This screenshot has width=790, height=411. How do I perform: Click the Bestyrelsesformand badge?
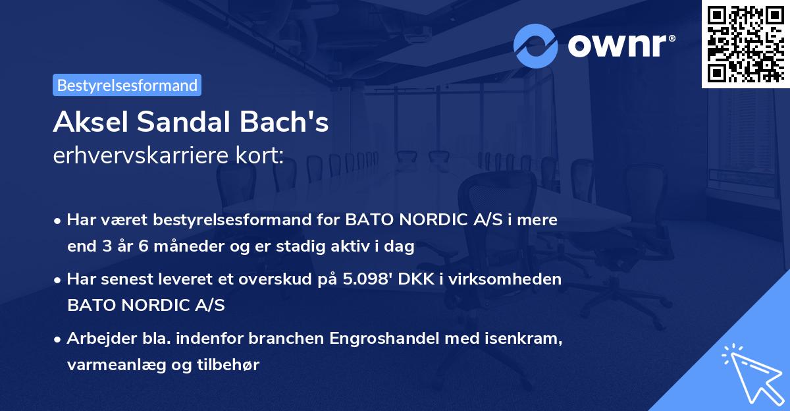[127, 85]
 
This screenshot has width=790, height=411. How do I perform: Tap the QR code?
[745, 44]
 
